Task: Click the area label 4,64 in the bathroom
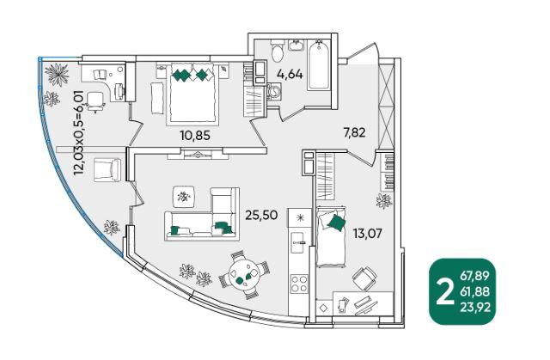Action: coord(290,74)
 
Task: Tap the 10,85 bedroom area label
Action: coord(195,135)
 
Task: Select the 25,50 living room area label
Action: coord(261,215)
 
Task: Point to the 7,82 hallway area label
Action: coord(354,132)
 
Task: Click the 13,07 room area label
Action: coord(367,234)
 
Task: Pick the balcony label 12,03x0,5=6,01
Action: coord(78,132)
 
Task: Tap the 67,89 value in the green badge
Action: coord(474,276)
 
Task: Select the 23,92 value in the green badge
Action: coord(475,308)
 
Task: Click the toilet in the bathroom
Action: coord(278,51)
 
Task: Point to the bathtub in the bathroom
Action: coord(319,64)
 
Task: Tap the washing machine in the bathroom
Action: coord(274,92)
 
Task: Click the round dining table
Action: coord(244,275)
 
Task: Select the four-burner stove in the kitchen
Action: coord(299,284)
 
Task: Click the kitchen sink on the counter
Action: coord(298,242)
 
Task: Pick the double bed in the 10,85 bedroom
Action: coord(192,94)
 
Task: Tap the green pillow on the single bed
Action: coord(336,223)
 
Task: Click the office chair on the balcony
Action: coord(95,101)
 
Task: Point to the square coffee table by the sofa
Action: coord(184,197)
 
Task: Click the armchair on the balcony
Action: coord(107,169)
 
